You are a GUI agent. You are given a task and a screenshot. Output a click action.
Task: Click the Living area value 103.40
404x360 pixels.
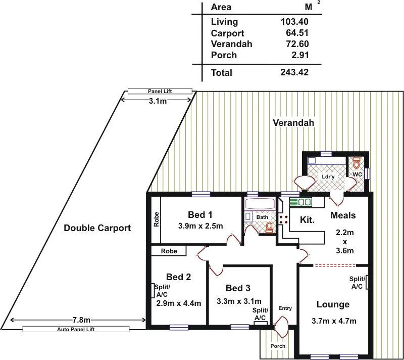point(294,22)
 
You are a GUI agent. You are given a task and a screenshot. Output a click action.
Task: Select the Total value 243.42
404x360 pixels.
point(294,72)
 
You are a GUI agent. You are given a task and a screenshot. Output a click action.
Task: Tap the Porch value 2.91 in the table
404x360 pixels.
point(298,55)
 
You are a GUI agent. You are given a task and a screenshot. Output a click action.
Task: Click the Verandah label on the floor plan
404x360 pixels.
point(293,123)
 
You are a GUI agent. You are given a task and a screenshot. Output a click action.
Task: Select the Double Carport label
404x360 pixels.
point(97,228)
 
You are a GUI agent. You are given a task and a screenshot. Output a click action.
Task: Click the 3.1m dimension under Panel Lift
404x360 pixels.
point(158,101)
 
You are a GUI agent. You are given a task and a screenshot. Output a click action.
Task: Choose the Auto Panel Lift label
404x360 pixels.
point(83,329)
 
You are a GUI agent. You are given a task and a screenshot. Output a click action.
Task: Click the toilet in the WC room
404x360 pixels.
point(358,163)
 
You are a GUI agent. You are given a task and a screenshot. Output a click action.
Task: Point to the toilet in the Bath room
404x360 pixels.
point(270,228)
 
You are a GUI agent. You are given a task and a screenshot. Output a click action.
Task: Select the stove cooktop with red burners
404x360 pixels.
point(283,219)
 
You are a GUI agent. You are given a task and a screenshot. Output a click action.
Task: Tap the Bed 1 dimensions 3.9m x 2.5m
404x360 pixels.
point(200,226)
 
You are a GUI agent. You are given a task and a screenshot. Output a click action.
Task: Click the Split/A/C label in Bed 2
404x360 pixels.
point(162,291)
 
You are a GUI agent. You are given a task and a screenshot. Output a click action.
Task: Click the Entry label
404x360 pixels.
point(285,308)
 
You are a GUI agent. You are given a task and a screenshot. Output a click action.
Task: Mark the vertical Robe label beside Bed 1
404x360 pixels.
point(157,218)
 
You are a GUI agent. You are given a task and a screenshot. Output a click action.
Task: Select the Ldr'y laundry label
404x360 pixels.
point(329,177)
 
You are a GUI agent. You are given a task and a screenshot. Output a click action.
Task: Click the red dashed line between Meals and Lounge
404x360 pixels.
point(334,265)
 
